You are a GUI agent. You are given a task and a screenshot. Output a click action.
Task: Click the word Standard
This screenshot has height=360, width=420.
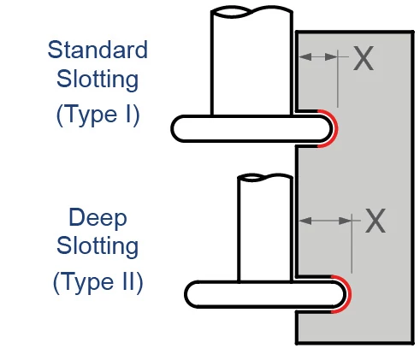(98, 50)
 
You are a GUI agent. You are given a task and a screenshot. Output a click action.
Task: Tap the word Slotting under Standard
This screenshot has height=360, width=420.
(98, 79)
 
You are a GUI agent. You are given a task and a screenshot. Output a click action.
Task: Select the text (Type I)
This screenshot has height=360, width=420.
(98, 115)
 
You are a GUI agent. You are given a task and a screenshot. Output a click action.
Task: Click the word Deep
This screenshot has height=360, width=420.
(98, 218)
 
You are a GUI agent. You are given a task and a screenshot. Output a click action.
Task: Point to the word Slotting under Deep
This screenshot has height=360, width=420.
(98, 245)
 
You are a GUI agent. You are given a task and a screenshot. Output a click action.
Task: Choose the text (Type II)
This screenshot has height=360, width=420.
(98, 282)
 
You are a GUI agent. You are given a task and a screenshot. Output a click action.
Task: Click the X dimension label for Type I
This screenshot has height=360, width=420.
(364, 58)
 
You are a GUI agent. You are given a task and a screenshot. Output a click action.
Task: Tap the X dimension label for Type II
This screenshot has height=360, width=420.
(376, 221)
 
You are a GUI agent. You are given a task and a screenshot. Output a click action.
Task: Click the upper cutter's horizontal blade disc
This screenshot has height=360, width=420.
(251, 129)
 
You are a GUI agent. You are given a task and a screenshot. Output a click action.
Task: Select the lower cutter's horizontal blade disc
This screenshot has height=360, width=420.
(265, 294)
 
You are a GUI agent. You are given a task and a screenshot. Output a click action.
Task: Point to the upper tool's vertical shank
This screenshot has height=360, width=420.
(251, 62)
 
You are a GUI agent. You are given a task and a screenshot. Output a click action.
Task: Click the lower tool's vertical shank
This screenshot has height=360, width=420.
(265, 229)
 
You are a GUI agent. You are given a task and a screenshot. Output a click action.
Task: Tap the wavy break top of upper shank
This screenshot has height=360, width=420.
(251, 12)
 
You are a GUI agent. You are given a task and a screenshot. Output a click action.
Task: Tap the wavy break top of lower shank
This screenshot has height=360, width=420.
(265, 177)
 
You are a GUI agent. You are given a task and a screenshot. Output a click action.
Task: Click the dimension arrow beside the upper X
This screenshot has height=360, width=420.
(318, 57)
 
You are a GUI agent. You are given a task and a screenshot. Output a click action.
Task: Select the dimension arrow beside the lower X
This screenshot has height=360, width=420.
(325, 221)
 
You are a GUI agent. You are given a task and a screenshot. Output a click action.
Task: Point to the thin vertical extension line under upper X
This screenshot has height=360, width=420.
(338, 79)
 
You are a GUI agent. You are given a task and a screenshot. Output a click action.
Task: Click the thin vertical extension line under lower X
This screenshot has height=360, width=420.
(352, 244)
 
